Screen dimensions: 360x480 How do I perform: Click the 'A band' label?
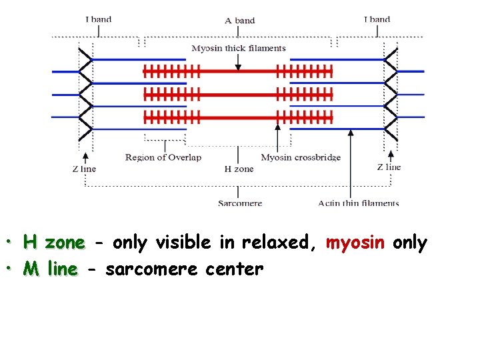240,20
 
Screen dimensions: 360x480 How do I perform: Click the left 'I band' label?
98,19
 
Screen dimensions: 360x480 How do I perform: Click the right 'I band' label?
377,19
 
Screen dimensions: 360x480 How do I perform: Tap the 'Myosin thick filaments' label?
239,48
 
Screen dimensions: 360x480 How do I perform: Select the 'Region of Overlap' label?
163,157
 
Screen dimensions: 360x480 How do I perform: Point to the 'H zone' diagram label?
239,169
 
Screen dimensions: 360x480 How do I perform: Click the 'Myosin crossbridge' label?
301,157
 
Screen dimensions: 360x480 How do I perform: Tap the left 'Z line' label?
84,169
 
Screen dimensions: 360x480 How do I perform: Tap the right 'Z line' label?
389,167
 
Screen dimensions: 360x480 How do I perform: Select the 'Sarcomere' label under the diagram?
240,203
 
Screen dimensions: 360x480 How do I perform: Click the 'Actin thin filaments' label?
359,203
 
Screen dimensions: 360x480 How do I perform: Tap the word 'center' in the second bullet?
235,269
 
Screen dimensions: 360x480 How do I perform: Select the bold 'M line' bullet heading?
50,269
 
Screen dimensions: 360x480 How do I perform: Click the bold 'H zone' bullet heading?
54,242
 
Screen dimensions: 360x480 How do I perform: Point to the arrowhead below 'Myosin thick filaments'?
239,66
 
